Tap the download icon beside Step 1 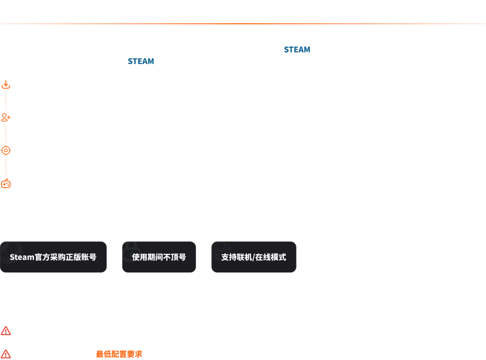[x=6, y=85]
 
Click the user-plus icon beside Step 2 [x=6, y=118]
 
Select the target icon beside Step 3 [x=6, y=151]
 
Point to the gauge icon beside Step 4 [x=6, y=183]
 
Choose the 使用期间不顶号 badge [x=159, y=257]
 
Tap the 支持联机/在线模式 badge [x=254, y=257]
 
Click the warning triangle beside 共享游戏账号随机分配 [x=6, y=331]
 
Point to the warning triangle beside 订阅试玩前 [x=6, y=354]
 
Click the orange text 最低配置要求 [x=119, y=354]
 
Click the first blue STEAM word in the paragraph [x=297, y=50]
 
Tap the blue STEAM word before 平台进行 [x=141, y=62]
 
